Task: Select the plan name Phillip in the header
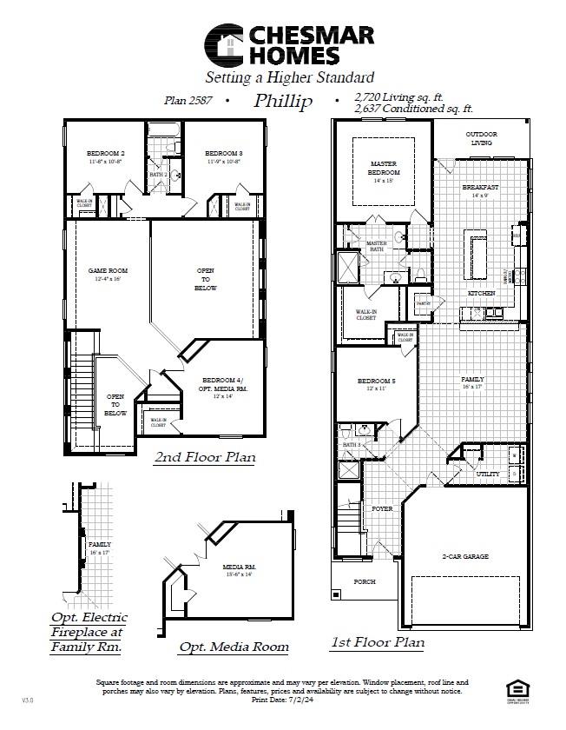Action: (x=283, y=102)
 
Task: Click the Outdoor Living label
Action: (x=481, y=137)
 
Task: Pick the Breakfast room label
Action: (x=479, y=188)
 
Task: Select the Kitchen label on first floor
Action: (x=482, y=294)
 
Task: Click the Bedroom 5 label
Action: (x=376, y=381)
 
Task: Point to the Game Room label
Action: (x=108, y=271)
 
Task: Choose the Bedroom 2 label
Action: (x=103, y=153)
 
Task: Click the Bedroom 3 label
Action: (x=224, y=153)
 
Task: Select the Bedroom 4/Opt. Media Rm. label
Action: (x=224, y=385)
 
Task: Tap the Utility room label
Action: (x=487, y=474)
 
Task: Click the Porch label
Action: (x=365, y=581)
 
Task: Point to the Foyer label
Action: (x=382, y=508)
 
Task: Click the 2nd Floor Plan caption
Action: (x=204, y=457)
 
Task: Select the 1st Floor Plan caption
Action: (x=378, y=643)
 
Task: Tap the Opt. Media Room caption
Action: (x=234, y=647)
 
